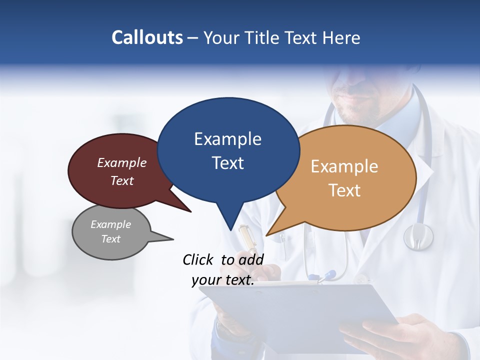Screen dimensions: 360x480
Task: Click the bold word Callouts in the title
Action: pyautogui.click(x=147, y=37)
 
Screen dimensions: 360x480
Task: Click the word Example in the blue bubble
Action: pyautogui.click(x=227, y=139)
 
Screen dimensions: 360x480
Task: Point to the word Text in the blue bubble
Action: pyautogui.click(x=227, y=163)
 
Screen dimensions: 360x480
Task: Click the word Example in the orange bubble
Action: pyautogui.click(x=344, y=166)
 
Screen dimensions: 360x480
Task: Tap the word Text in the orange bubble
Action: pyautogui.click(x=344, y=190)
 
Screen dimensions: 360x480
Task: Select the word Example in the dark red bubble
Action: pyautogui.click(x=122, y=163)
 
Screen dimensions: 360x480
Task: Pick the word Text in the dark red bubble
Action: pyautogui.click(x=122, y=180)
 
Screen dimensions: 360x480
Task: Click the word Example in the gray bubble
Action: pyautogui.click(x=111, y=224)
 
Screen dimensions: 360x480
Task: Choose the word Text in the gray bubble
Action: pyautogui.click(x=111, y=239)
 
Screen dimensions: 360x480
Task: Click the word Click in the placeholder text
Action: pyautogui.click(x=199, y=259)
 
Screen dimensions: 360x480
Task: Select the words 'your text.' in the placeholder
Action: pyautogui.click(x=223, y=280)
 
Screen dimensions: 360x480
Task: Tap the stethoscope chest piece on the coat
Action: pyautogui.click(x=418, y=236)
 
